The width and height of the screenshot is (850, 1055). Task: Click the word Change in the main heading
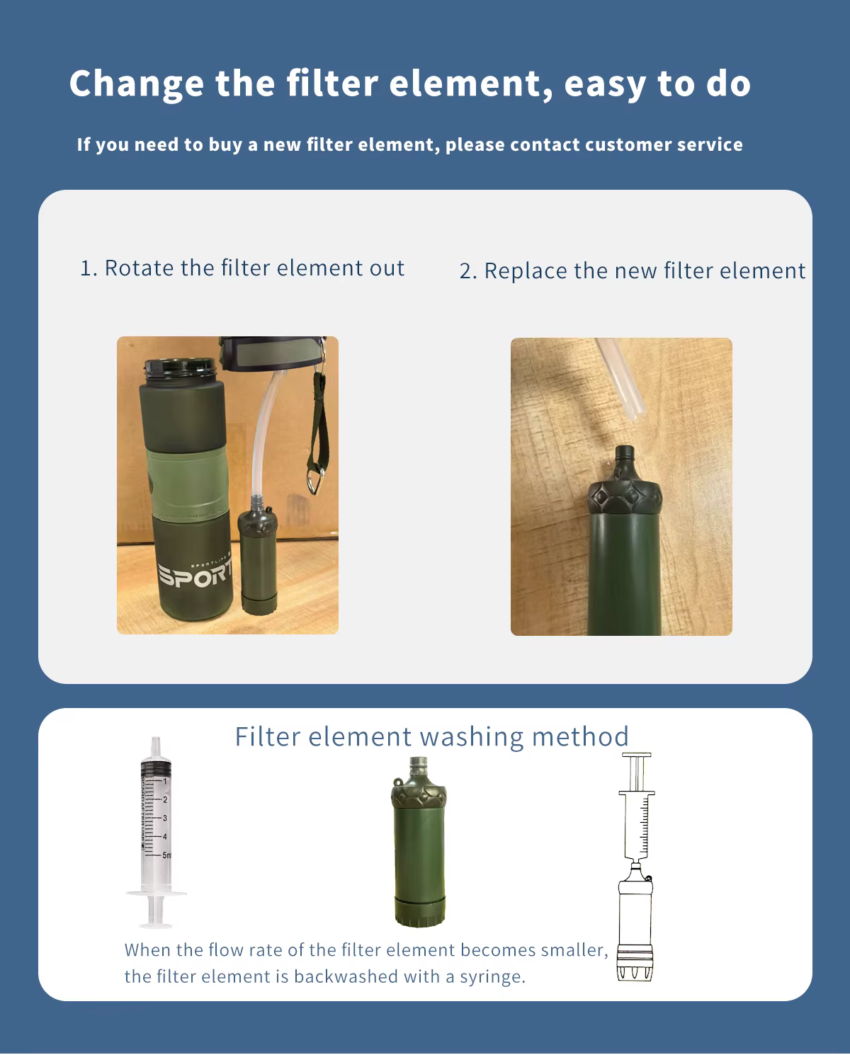pyautogui.click(x=136, y=84)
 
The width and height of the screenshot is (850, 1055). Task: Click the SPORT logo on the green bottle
pyautogui.click(x=195, y=574)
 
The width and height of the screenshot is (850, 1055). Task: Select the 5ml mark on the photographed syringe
pyautogui.click(x=166, y=855)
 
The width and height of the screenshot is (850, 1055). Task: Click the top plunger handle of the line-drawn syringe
pyautogui.click(x=637, y=755)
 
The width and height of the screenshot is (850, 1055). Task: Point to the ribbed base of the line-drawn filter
pyautogui.click(x=635, y=966)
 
